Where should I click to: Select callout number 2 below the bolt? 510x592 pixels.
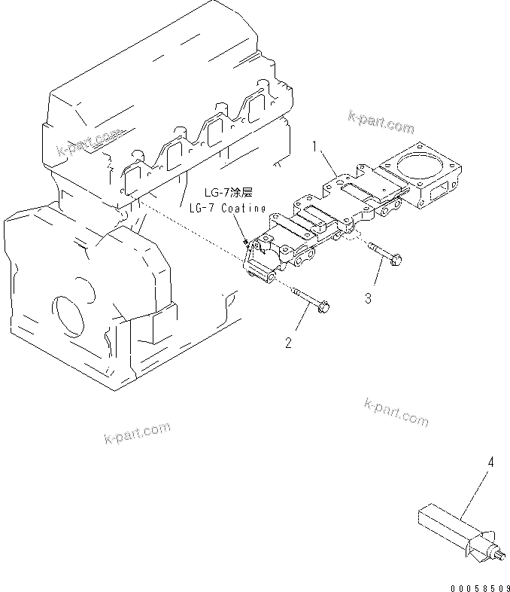[x=288, y=343]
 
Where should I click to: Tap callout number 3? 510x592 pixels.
[x=368, y=298]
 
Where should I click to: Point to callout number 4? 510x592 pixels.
[x=490, y=462]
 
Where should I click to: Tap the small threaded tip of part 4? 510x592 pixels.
[x=499, y=556]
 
